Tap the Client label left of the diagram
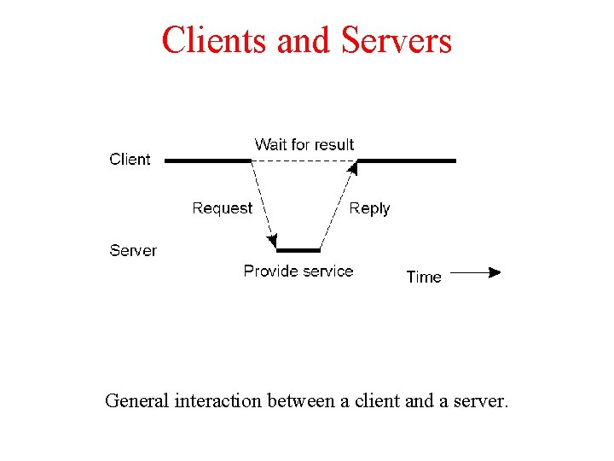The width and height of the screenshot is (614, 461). [x=130, y=160]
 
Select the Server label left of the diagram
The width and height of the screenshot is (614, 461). [x=133, y=251]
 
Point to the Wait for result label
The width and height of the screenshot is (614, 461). [x=304, y=145]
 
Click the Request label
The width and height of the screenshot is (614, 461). [x=223, y=208]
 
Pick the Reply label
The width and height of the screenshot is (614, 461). [x=369, y=208]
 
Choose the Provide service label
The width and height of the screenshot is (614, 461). [x=298, y=271]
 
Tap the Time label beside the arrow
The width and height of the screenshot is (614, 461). [x=424, y=277]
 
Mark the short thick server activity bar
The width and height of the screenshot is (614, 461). [x=298, y=250]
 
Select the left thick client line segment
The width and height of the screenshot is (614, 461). [x=207, y=160]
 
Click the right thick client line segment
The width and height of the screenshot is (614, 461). [x=407, y=160]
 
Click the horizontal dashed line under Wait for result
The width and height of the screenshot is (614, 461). [x=304, y=160]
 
